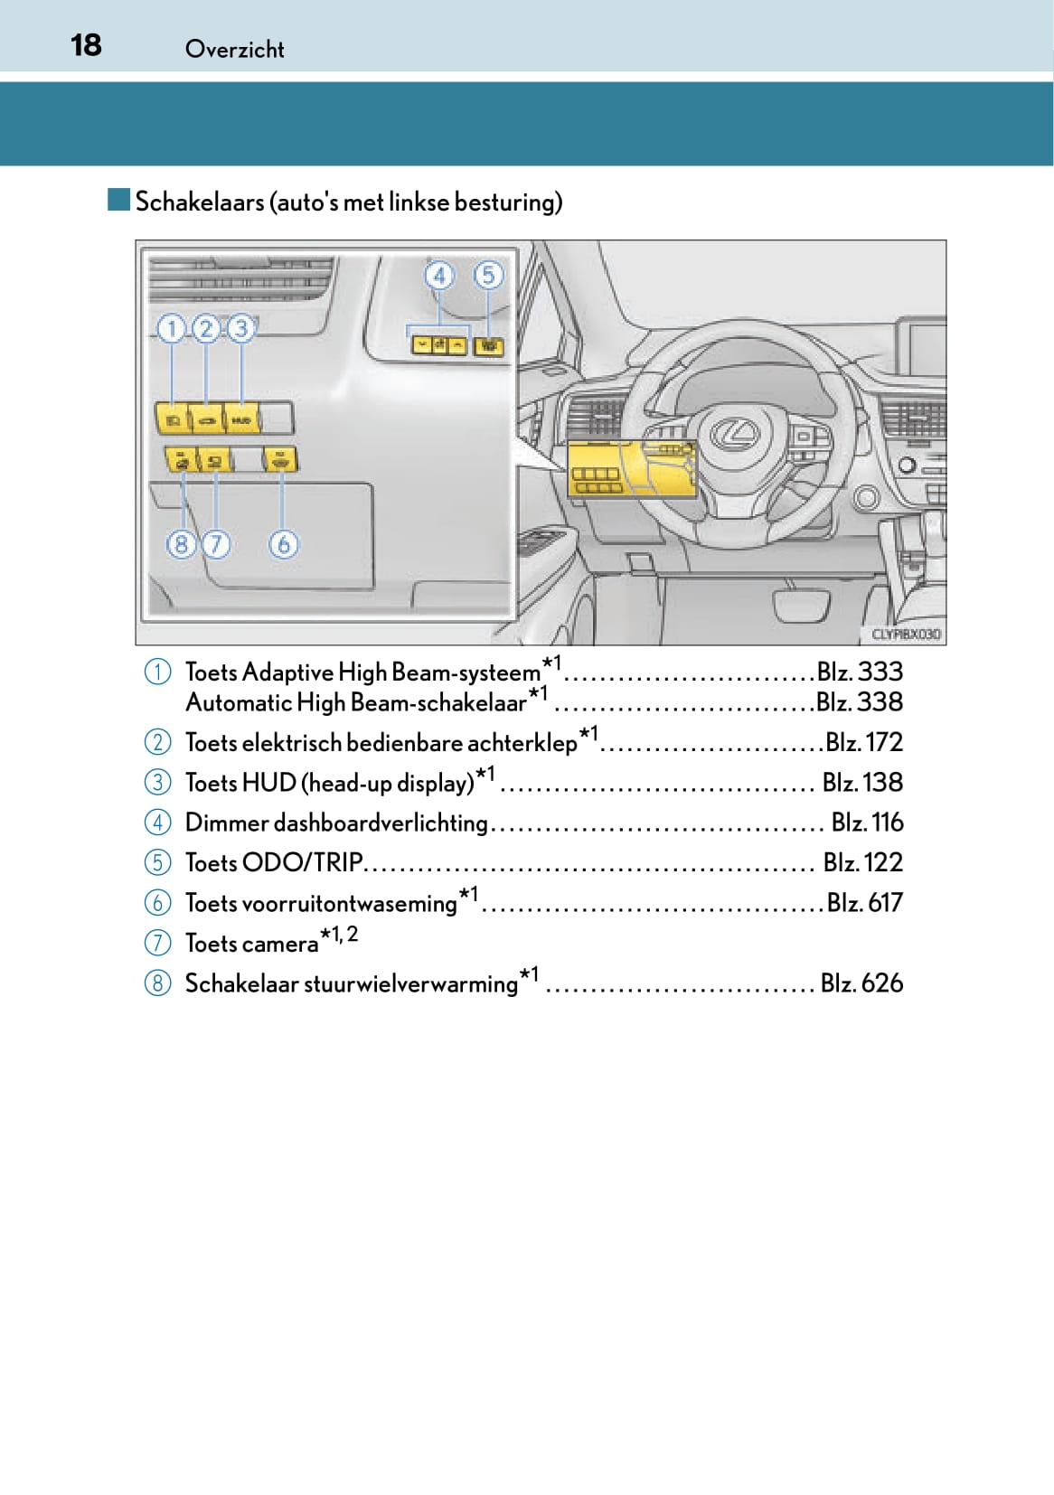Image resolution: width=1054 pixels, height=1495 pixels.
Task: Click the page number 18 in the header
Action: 86,45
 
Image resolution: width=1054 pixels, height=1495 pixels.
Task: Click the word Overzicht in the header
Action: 234,50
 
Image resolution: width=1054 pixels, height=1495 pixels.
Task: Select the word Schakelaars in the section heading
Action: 200,202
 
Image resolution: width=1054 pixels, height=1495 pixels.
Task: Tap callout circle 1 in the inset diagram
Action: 171,328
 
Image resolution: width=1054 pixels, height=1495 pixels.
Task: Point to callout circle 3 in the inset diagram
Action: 240,328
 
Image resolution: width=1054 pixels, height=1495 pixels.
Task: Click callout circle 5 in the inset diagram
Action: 488,275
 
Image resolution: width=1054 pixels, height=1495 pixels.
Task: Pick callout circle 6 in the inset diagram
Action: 283,544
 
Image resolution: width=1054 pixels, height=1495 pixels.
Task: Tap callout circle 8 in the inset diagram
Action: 181,544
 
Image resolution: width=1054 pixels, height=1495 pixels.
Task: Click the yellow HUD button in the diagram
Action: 241,420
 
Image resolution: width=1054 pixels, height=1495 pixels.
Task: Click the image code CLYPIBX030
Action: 905,635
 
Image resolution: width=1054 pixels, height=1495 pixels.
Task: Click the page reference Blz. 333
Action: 860,672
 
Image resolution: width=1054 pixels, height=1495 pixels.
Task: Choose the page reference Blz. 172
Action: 864,742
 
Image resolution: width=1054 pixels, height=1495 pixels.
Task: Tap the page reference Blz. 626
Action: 861,983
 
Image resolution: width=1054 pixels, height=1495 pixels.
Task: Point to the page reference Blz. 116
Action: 867,823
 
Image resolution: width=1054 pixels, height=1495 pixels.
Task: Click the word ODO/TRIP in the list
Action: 302,862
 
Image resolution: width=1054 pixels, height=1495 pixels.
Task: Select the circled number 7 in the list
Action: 157,943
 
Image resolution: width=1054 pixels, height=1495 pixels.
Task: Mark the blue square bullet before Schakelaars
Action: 118,200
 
